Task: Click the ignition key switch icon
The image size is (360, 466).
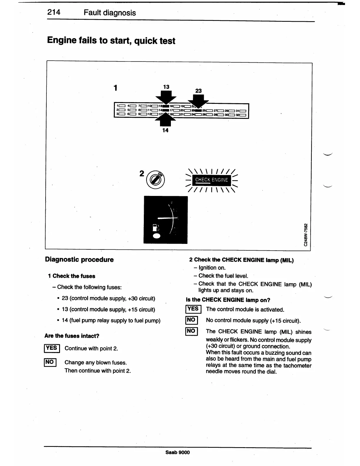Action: click(156, 179)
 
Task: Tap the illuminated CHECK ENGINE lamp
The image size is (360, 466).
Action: click(211, 180)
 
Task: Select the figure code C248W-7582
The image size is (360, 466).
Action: click(306, 235)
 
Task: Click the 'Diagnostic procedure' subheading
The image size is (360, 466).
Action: click(79, 259)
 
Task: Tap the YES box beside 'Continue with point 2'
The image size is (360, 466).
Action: click(52, 348)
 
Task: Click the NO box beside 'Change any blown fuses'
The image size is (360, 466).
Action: click(50, 362)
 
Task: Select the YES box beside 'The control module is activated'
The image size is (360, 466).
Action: click(193, 309)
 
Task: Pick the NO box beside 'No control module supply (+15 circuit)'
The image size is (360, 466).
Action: click(191, 320)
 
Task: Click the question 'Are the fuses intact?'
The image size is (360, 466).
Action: click(72, 336)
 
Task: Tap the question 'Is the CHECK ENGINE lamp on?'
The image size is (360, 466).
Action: click(228, 300)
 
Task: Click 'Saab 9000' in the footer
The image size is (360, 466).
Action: click(178, 452)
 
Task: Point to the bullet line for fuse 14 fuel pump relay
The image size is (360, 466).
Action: click(111, 320)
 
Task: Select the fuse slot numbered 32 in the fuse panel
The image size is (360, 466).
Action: click(242, 115)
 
